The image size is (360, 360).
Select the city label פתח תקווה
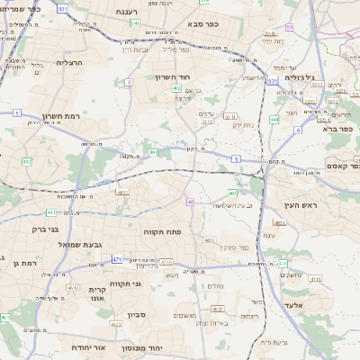(162, 231)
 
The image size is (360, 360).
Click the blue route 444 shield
(274, 119)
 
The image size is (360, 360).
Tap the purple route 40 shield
(190, 202)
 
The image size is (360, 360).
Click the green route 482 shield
(26, 162)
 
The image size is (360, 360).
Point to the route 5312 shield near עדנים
(207, 122)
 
